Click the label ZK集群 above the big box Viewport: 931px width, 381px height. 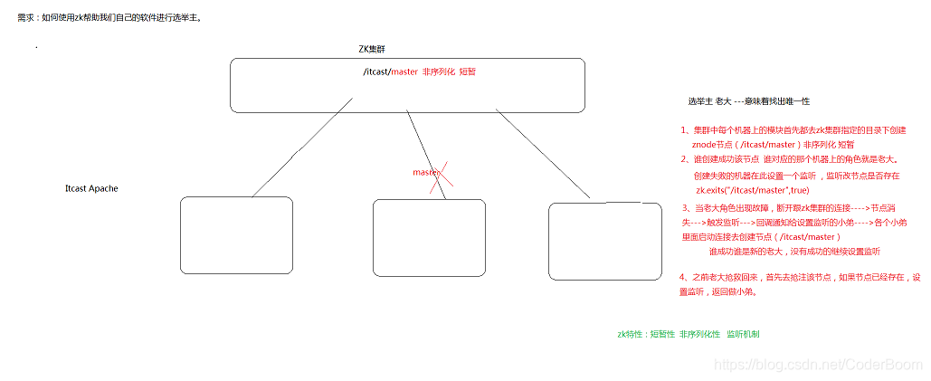[377, 48]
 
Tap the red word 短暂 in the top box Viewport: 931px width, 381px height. [467, 71]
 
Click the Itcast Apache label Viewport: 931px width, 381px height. [91, 188]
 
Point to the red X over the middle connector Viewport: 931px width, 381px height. [441, 177]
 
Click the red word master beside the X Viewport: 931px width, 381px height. [424, 172]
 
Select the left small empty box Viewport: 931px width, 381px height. [236, 235]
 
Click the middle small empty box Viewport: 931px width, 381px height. [429, 237]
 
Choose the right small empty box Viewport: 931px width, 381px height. [606, 241]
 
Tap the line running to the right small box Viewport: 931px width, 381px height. [543, 154]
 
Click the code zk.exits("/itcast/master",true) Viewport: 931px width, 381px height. [752, 191]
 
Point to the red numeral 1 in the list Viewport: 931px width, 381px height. [685, 130]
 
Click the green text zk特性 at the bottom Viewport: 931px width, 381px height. [631, 334]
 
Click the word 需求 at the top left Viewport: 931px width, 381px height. [27, 16]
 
